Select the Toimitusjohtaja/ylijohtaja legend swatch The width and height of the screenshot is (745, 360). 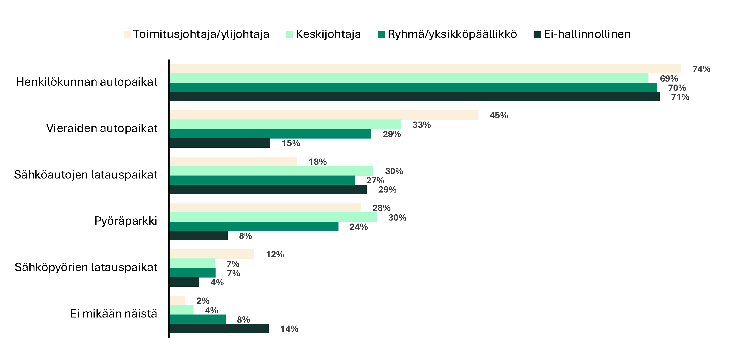(x=127, y=35)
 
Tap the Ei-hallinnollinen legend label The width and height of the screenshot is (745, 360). (x=587, y=34)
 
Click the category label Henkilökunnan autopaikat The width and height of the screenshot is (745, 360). (x=86, y=82)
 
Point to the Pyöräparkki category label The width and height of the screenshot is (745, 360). (x=126, y=221)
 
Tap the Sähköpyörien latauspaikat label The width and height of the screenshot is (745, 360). (x=86, y=267)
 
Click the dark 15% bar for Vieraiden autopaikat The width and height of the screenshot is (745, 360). (x=220, y=143)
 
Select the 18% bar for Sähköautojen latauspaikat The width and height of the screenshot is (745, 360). (x=233, y=161)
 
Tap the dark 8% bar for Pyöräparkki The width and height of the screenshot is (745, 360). (x=198, y=236)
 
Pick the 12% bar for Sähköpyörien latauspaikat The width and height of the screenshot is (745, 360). (x=212, y=254)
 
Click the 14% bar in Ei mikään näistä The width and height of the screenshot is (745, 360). (x=219, y=329)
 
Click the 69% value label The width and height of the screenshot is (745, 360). (x=669, y=79)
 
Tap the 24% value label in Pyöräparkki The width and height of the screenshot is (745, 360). (x=358, y=227)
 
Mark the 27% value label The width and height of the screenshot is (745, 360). (x=375, y=180)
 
